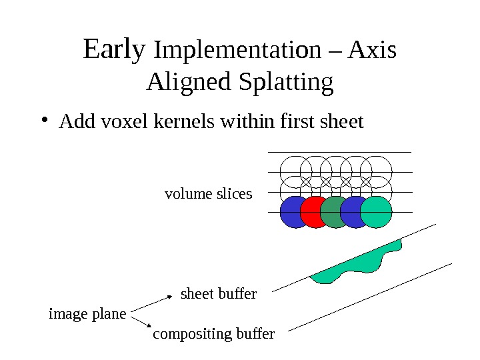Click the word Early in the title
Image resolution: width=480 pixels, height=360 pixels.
click(114, 49)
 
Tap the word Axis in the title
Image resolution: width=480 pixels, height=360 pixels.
click(373, 51)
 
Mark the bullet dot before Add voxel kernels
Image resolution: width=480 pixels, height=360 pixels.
click(44, 121)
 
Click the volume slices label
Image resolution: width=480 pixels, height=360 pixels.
click(208, 194)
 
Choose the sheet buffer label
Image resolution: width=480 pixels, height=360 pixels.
click(219, 293)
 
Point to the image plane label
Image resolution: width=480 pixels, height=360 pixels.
click(87, 313)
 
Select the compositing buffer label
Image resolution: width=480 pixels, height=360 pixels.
click(213, 333)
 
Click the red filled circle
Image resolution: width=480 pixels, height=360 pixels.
click(314, 212)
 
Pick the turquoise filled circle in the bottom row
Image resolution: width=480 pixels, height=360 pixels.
click(377, 212)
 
